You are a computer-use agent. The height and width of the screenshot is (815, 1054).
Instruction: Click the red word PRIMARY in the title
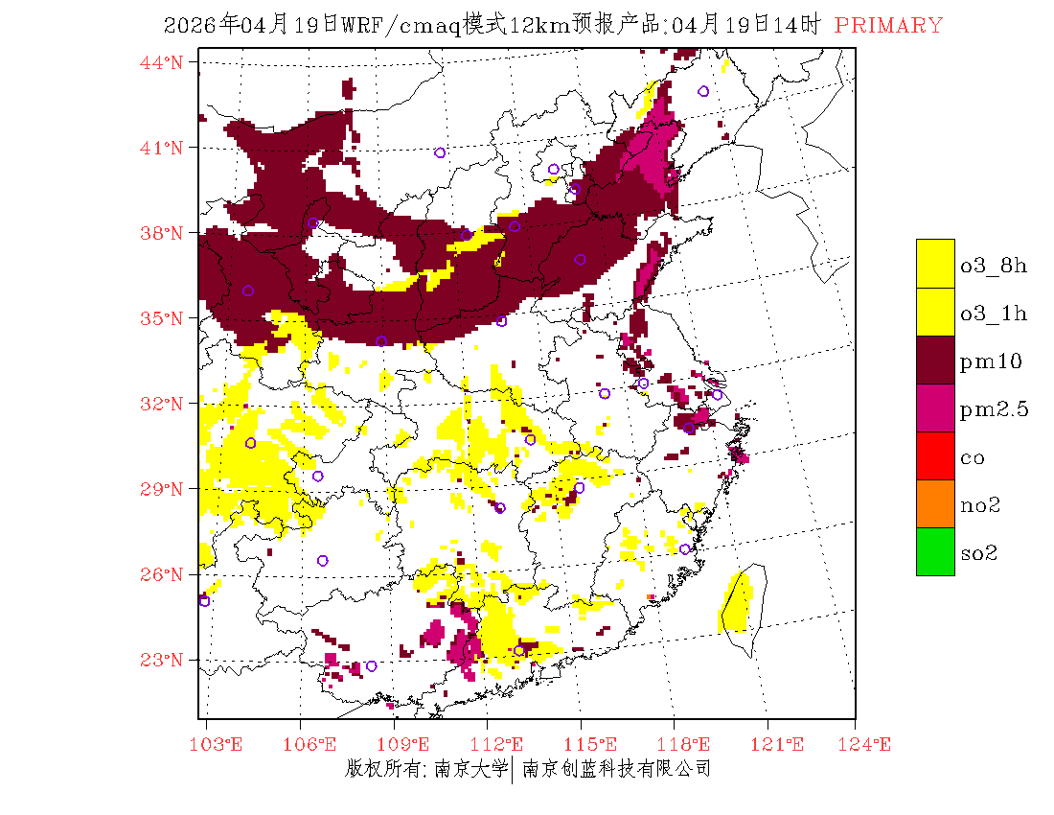pos(888,26)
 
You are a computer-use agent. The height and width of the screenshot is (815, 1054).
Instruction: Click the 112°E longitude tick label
pos(501,744)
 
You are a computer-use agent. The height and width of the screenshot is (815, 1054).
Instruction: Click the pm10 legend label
pos(990,361)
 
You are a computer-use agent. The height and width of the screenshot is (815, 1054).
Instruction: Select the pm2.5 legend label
pos(994,409)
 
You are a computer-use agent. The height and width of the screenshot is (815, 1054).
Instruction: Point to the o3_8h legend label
pos(994,266)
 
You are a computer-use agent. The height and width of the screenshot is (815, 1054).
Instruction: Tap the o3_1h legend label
pos(994,314)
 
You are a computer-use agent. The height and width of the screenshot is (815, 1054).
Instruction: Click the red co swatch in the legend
pos(935,455)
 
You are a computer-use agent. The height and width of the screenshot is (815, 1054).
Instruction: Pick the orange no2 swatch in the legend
pos(935,503)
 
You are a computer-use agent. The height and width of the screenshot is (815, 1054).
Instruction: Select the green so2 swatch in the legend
pos(935,551)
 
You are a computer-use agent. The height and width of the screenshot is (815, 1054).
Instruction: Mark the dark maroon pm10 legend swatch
pos(935,360)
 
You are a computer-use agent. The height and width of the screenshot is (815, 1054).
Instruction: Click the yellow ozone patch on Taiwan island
pos(736,604)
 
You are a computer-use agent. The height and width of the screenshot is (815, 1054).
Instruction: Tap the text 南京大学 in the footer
pos(470,769)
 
